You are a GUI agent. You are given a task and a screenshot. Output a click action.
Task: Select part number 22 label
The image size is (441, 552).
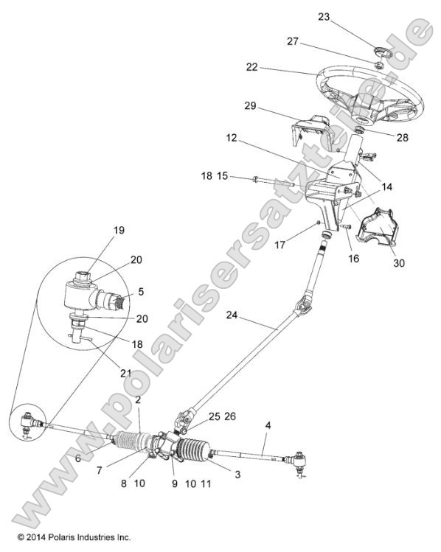pos(252,67)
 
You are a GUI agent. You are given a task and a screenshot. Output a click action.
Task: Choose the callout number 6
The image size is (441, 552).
pos(77,458)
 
